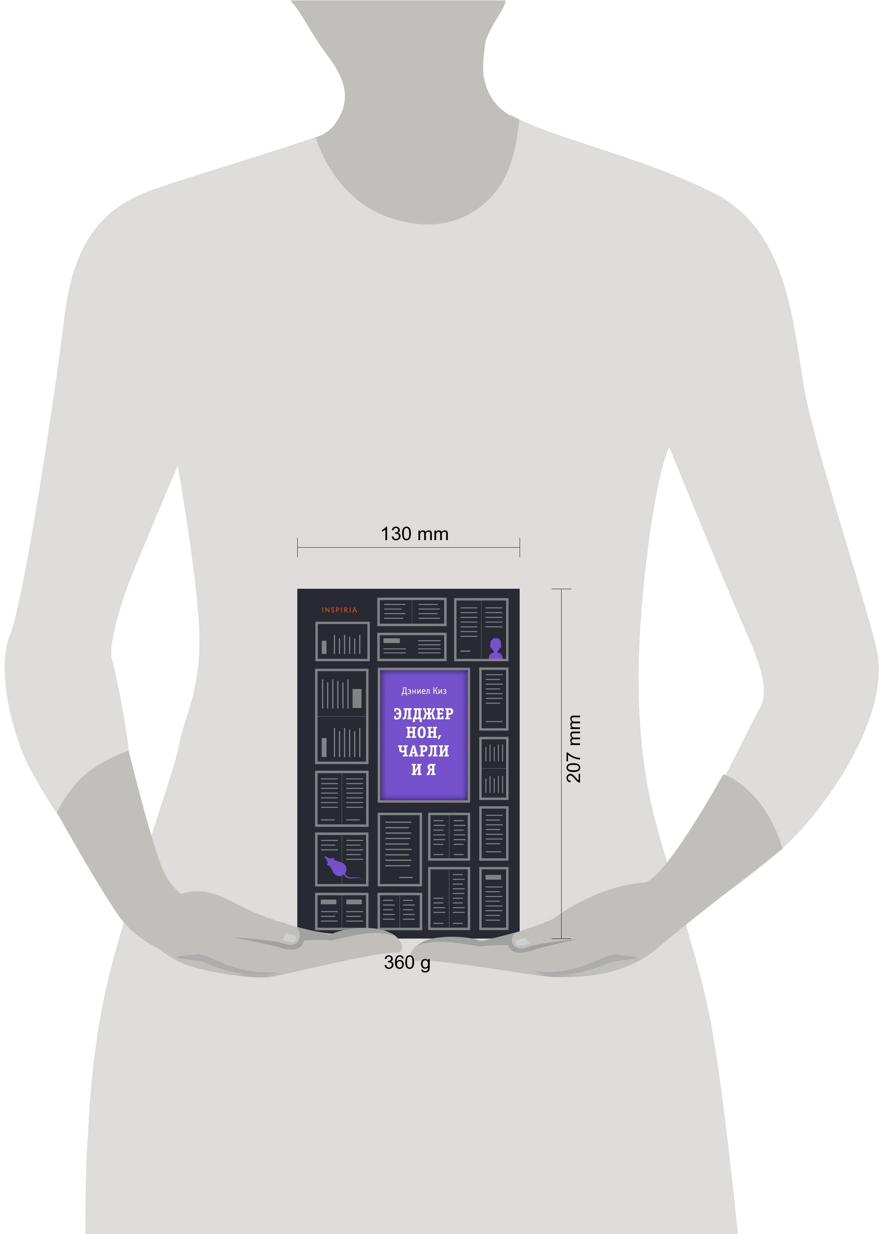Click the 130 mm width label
click(x=415, y=534)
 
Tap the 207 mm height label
click(x=574, y=749)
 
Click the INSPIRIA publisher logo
click(x=340, y=610)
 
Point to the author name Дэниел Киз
click(x=424, y=691)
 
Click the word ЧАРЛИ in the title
click(x=423, y=751)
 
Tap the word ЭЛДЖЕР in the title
click(x=423, y=714)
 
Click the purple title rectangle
click(x=424, y=735)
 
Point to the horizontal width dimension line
click(x=408, y=547)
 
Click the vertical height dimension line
click(x=562, y=763)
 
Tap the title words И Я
click(x=423, y=770)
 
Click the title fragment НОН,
click(x=423, y=733)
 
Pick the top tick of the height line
click(x=562, y=589)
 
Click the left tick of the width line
click(x=297, y=547)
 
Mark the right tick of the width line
click(x=520, y=547)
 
